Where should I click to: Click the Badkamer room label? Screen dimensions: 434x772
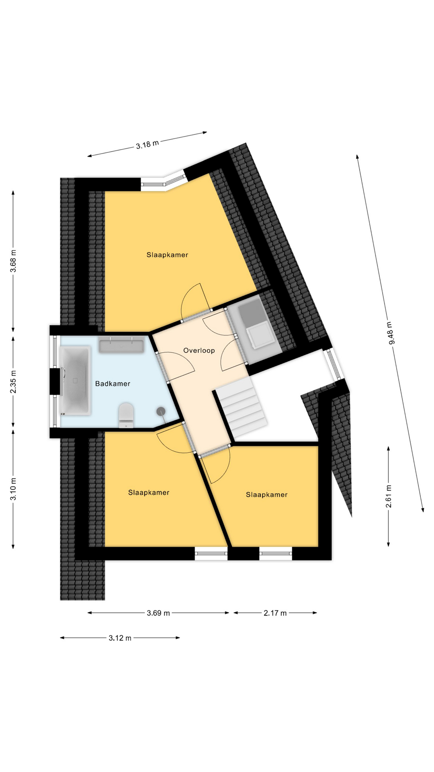tap(113, 384)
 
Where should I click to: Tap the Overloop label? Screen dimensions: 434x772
tap(199, 350)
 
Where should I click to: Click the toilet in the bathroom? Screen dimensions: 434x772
tap(126, 415)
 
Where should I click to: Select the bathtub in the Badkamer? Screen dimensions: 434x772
tap(75, 380)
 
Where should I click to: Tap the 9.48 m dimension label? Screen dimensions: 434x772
tap(391, 333)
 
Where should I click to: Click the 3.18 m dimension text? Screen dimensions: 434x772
tap(147, 144)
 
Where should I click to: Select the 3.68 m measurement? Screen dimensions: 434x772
tap(13, 261)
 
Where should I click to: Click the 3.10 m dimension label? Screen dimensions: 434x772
tap(13, 489)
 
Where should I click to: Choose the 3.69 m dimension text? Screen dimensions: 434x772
tap(158, 613)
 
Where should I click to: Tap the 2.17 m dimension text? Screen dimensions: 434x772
tap(275, 613)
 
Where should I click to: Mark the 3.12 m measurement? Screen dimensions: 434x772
tap(120, 638)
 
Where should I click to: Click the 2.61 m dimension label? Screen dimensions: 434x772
tap(389, 496)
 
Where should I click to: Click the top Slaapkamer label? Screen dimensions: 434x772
tap(167, 255)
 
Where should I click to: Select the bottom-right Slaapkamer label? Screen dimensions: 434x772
tap(267, 495)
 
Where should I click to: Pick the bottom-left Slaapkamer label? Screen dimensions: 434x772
tap(149, 493)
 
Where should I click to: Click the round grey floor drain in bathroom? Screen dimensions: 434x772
tap(161, 411)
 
